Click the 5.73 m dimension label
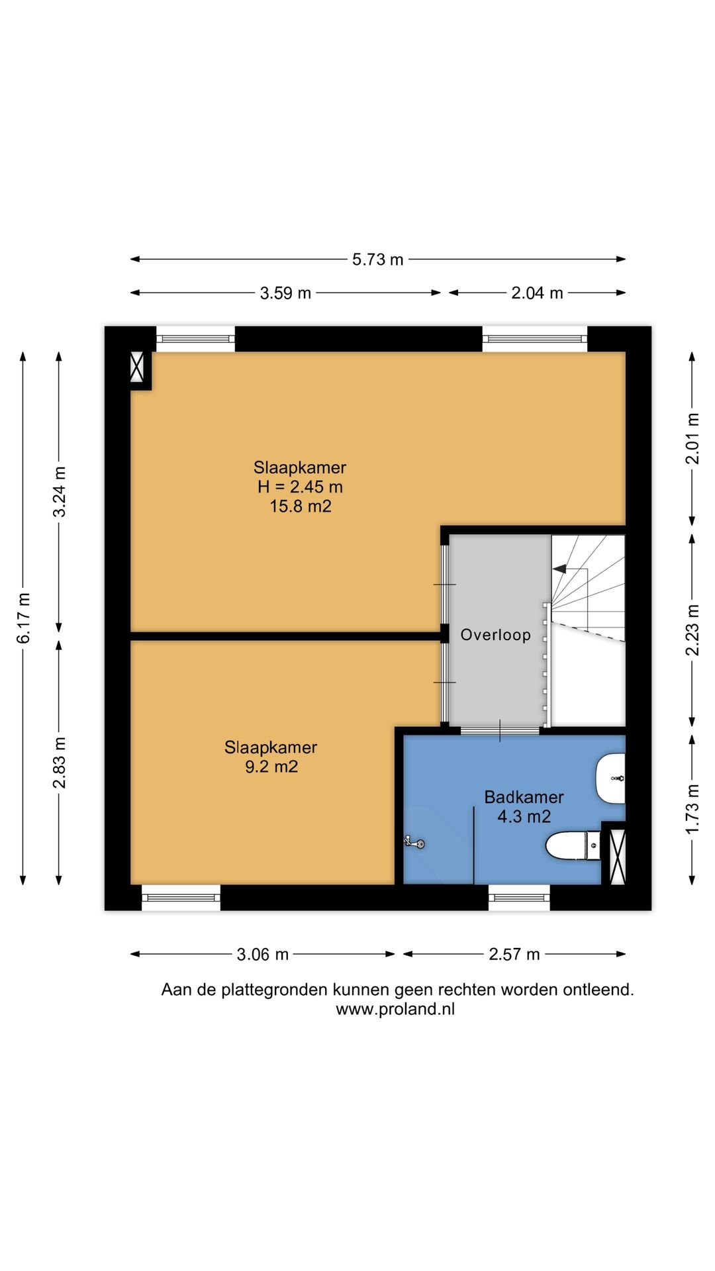tap(377, 259)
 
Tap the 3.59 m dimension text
tap(285, 293)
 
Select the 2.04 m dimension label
tap(537, 293)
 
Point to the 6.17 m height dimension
tap(23, 618)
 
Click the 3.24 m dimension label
tap(60, 492)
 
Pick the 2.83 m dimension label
tap(60, 763)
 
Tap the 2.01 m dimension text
tap(692, 439)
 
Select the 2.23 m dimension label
tap(692, 630)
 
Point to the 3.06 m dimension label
tap(263, 954)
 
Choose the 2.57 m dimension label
tap(514, 954)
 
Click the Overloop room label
tap(496, 635)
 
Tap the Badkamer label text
tap(524, 797)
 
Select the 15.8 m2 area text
tap(301, 506)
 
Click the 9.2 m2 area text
tap(271, 767)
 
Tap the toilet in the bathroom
tap(573, 845)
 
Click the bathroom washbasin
tap(610, 778)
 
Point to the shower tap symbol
tap(414, 843)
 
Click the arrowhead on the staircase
tap(559, 567)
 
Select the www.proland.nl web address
tap(395, 1010)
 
